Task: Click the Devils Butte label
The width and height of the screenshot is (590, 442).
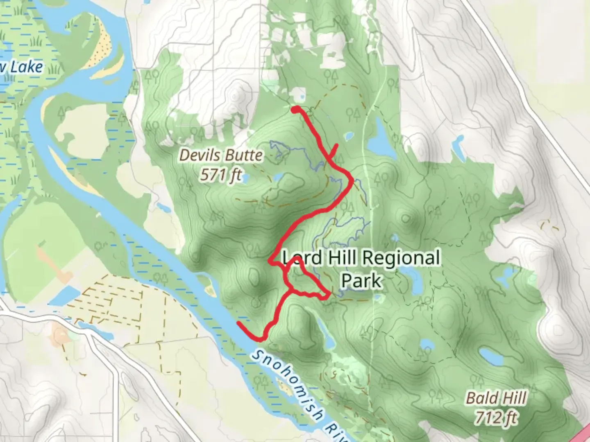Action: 221,156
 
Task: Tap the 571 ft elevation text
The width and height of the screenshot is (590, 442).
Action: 221,175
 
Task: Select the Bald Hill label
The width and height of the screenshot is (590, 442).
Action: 496,398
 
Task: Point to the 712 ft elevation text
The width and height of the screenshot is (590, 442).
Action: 496,417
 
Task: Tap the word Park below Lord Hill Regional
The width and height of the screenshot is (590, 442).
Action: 361,281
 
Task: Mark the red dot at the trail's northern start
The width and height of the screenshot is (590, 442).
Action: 295,109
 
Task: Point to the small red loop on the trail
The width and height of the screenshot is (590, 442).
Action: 303,280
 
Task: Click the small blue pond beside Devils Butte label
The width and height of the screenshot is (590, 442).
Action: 277,177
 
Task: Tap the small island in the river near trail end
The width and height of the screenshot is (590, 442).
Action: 211,291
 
